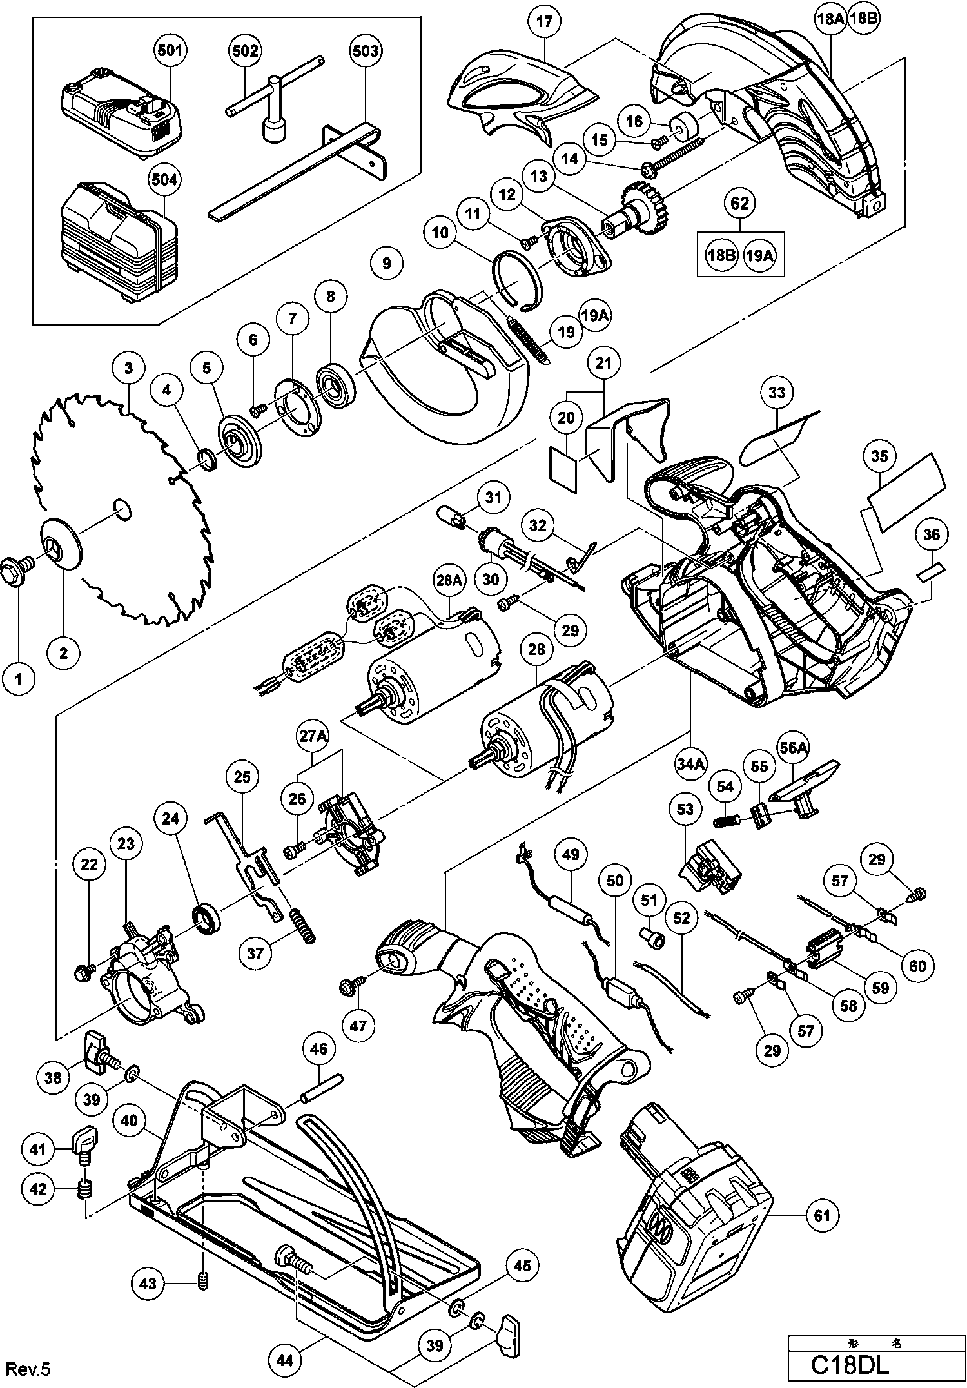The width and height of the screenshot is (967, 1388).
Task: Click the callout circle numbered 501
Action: (170, 50)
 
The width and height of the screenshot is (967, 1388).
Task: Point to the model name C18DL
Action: (850, 1364)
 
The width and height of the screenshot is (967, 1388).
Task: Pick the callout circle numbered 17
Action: (544, 23)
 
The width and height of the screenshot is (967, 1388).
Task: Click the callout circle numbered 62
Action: (739, 204)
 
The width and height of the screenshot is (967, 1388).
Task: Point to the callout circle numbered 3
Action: (129, 368)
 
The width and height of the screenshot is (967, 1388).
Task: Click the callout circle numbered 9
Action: (386, 263)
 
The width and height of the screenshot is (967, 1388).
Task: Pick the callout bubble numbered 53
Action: (685, 809)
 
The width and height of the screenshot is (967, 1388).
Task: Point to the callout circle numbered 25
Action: (242, 777)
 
